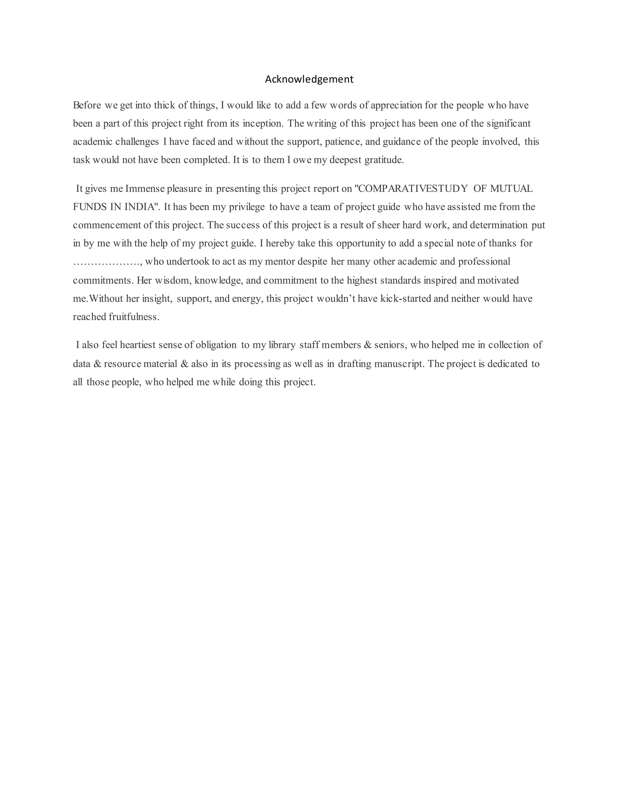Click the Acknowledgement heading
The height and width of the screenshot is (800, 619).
[x=309, y=79]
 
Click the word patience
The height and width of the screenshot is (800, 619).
[x=343, y=142]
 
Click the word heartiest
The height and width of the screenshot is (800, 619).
[x=138, y=345]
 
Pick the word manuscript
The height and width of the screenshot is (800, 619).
[x=399, y=364]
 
